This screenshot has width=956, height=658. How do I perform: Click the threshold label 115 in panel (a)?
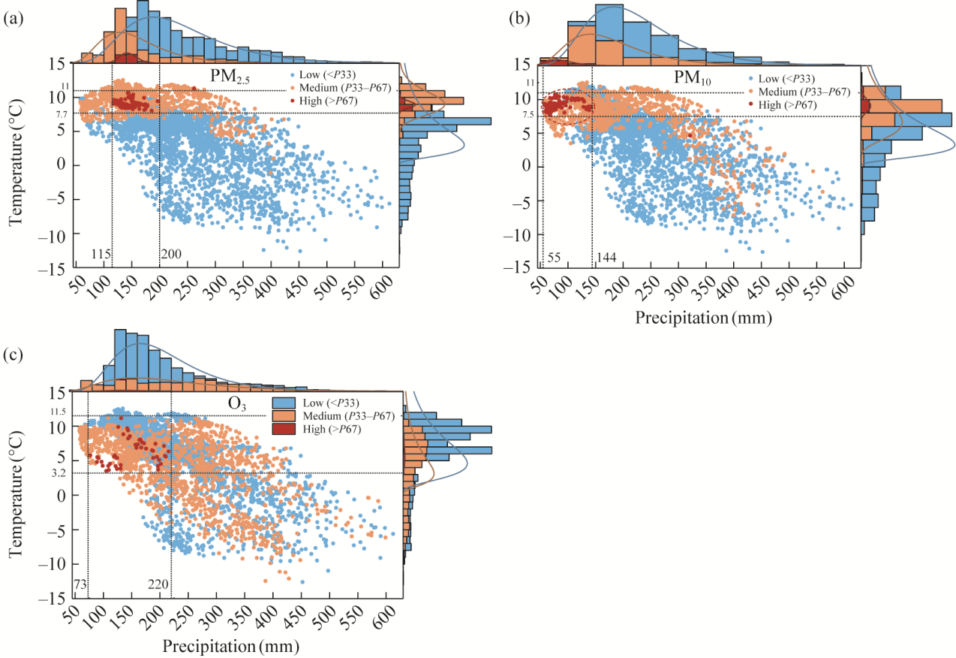[x=101, y=254]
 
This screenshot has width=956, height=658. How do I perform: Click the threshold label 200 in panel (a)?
[x=171, y=254]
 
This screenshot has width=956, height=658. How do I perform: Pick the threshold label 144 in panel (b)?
[x=606, y=258]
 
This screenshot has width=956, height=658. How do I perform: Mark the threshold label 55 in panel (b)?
[x=555, y=258]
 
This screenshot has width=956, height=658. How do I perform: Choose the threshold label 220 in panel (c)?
[x=158, y=584]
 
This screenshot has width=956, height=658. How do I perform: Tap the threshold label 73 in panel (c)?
[x=79, y=584]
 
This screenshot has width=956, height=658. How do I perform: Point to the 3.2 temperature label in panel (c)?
[x=59, y=473]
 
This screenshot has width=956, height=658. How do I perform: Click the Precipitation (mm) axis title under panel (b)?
[x=703, y=318]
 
